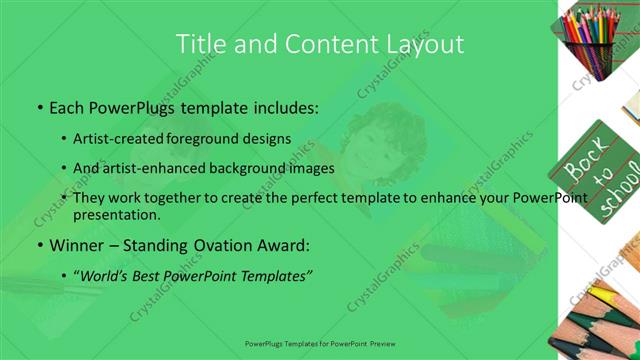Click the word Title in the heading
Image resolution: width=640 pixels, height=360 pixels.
(199, 44)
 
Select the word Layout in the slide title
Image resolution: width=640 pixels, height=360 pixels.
(425, 44)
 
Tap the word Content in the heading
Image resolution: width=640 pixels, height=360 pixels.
(329, 44)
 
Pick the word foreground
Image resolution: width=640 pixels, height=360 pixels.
(203, 138)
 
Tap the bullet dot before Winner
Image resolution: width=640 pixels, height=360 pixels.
(39, 245)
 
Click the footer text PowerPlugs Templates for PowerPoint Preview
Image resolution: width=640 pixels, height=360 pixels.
(319, 342)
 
